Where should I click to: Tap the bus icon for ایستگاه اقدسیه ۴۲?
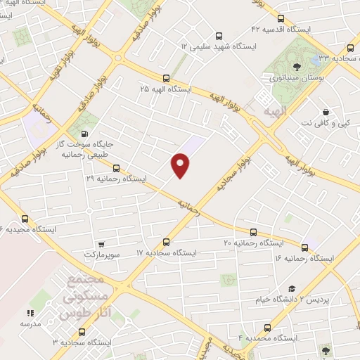point(281,19)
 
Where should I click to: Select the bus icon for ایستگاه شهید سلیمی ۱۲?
point(219,35)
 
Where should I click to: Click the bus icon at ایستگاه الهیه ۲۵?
point(166,79)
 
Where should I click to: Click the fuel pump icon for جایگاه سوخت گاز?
point(86,134)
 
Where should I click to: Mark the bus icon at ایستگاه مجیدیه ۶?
point(25,219)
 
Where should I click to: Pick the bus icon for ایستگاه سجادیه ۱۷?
point(167,241)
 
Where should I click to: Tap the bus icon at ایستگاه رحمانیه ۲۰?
point(253,232)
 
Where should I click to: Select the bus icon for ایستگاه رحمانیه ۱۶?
point(305,247)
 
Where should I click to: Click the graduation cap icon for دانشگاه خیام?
point(292,289)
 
